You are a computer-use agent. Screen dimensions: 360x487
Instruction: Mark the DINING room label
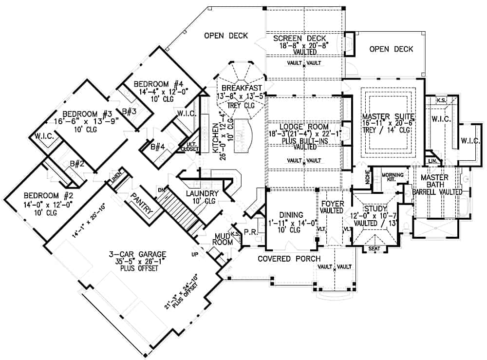(291, 214)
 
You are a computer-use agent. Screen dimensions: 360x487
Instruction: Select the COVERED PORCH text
(289, 258)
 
